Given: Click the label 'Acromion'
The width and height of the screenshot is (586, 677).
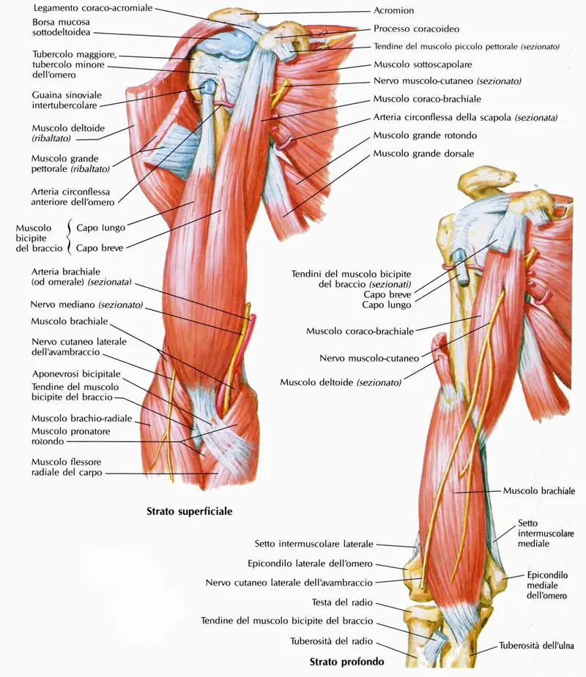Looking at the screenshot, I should [393, 11].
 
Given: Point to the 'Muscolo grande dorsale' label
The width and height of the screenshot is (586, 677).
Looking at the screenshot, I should [423, 154].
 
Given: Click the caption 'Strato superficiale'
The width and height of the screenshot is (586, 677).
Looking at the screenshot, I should [190, 512].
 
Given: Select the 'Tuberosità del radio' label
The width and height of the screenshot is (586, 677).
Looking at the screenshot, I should [331, 641].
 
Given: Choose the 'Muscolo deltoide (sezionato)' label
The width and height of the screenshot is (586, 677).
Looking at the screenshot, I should [341, 382].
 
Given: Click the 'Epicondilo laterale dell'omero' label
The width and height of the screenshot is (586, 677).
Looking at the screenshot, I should [311, 564].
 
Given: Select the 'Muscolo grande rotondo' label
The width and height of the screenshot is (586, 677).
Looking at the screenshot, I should [425, 135].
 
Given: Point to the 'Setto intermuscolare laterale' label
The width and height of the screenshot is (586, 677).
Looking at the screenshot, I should [314, 544].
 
